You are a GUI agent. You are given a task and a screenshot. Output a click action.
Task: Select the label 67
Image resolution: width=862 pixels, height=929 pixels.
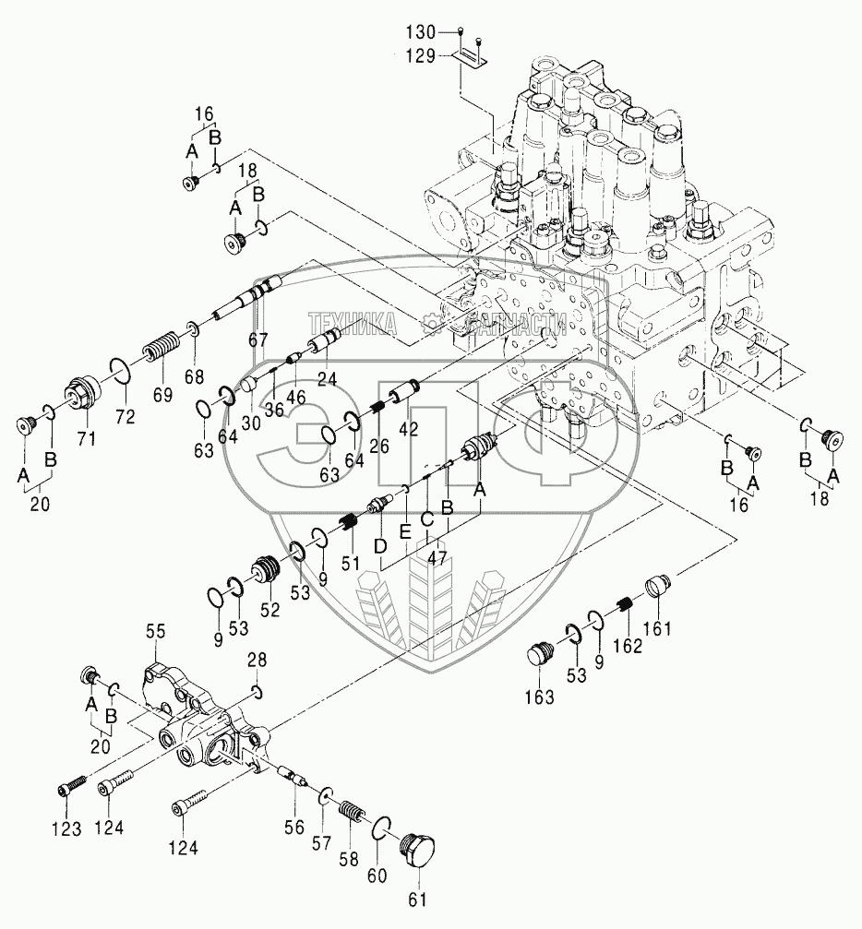pos(257,340)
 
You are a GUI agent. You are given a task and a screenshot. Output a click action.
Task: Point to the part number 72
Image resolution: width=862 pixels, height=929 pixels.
pos(126,417)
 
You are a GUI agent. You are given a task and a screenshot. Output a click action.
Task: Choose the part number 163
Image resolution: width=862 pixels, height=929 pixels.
pos(540,697)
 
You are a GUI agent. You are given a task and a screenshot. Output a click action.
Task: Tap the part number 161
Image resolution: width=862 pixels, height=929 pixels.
pos(657,627)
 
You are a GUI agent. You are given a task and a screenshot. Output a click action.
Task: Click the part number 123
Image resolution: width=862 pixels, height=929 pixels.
pos(66,828)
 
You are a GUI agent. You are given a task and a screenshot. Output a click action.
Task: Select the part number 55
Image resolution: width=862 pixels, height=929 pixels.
pos(157,632)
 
